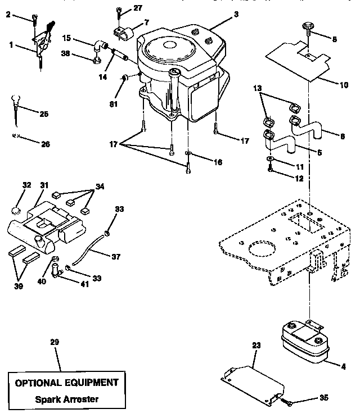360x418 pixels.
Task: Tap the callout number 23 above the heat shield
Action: click(256, 347)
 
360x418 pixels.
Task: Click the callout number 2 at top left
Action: click(7, 15)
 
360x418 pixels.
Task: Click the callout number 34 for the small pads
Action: click(100, 187)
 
